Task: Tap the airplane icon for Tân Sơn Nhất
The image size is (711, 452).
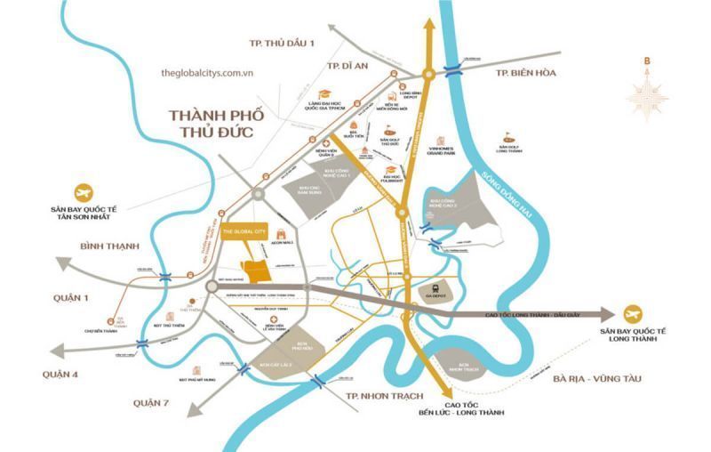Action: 84,191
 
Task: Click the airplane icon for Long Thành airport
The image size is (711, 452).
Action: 634,313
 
